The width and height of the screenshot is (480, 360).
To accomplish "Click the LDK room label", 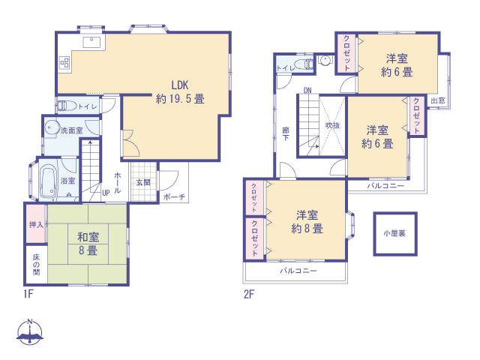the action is [x=180, y=91].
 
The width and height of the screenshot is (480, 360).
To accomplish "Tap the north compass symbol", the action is [x=30, y=332].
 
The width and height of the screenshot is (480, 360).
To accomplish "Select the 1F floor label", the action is [x=28, y=294].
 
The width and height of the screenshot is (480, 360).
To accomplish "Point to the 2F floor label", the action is [x=249, y=294].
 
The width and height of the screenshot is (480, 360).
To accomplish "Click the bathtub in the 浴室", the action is [x=49, y=181].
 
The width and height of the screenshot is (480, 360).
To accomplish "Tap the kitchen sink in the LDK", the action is [x=91, y=42].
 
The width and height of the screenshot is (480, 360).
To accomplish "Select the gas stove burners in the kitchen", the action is [x=65, y=63].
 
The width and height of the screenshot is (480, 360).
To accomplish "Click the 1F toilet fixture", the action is [x=67, y=106].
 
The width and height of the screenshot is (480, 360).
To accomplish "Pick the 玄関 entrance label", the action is [x=143, y=183].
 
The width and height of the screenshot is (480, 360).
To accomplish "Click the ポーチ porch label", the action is [x=174, y=196].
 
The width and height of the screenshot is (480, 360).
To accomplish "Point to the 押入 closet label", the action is [x=36, y=225].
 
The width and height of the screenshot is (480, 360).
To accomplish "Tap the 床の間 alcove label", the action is [x=36, y=265].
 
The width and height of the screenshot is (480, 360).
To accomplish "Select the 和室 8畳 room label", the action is [x=88, y=244].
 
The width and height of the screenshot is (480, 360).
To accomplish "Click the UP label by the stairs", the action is [x=106, y=193].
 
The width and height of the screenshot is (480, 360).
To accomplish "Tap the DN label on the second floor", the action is [x=307, y=90].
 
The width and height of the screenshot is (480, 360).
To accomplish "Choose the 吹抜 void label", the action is [x=332, y=125].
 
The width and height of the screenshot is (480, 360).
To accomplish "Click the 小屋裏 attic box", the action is [x=395, y=234].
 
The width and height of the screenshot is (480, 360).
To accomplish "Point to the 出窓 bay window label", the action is [x=438, y=100].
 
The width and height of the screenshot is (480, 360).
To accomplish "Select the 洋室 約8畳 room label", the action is [x=307, y=222].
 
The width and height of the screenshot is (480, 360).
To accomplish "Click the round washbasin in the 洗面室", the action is [x=52, y=127].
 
